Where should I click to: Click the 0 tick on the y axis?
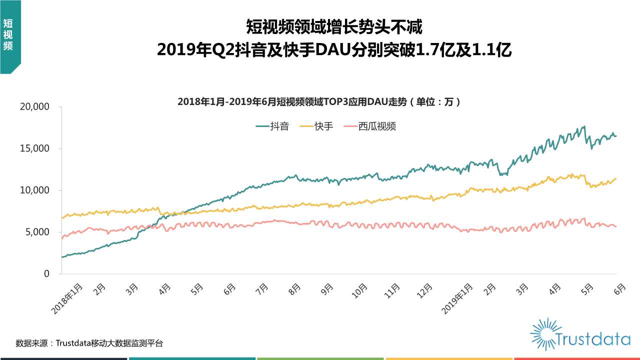click(x=46, y=274)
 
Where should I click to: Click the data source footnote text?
click(x=89, y=343)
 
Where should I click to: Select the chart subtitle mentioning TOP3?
click(x=319, y=102)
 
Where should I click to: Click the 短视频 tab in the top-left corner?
click(x=8, y=35)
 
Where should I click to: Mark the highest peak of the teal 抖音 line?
click(x=584, y=126)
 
